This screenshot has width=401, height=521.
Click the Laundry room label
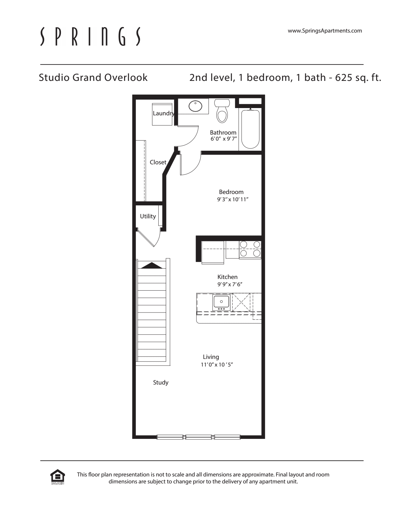coord(163,113)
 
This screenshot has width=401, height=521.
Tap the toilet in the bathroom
coord(222,112)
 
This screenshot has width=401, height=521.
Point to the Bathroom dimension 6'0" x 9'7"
coord(223,139)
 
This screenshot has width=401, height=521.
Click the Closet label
coord(158,162)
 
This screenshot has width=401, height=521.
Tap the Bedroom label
coord(231,192)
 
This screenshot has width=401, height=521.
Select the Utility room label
coord(148,216)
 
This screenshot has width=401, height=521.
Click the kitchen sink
coord(221,302)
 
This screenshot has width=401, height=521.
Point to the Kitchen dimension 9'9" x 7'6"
coord(229,284)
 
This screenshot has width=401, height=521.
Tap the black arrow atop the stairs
coord(152,265)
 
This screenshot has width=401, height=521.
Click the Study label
coord(161,382)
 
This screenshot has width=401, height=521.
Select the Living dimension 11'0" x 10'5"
coord(217,365)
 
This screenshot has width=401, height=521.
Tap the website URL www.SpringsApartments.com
coord(325,31)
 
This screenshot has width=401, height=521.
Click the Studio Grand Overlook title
coord(93,77)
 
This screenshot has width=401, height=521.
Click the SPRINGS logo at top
coord(90,36)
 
